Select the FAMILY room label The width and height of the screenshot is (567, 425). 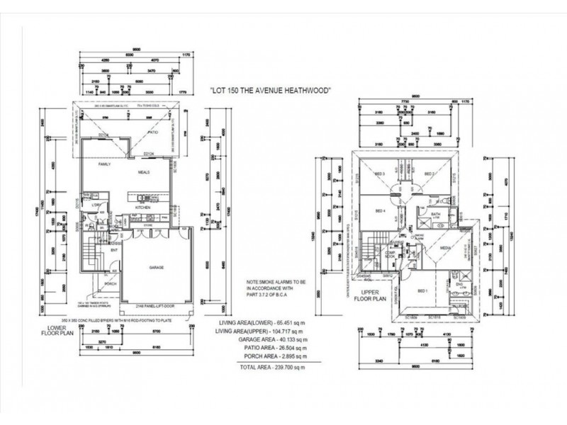[106, 164]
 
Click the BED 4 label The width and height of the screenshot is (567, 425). [380, 210]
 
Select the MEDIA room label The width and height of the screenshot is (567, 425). [446, 249]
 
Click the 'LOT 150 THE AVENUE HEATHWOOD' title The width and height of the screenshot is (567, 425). [272, 91]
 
